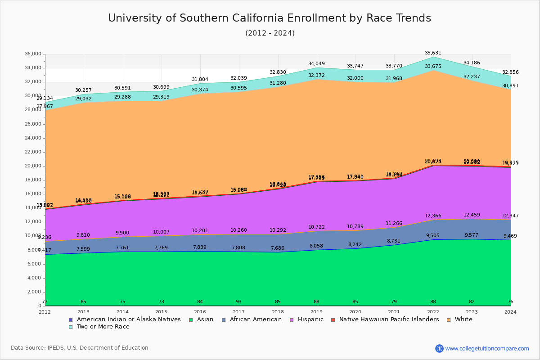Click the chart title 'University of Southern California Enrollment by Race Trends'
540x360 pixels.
tap(270, 18)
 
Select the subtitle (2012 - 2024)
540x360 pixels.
tap(270, 33)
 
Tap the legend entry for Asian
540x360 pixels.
tap(204, 319)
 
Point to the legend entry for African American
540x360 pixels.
tap(255, 319)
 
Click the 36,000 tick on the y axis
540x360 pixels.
tap(34, 54)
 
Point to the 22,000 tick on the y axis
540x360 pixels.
tap(34, 152)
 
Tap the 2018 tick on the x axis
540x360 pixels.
tap(278, 312)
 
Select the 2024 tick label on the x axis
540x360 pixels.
tap(510, 312)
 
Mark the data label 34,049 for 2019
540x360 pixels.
tap(316, 64)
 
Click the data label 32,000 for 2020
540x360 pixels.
tap(355, 78)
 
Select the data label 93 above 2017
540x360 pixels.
tap(239, 301)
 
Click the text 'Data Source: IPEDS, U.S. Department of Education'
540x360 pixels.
tap(80, 348)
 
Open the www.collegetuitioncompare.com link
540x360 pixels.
tap(487, 348)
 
